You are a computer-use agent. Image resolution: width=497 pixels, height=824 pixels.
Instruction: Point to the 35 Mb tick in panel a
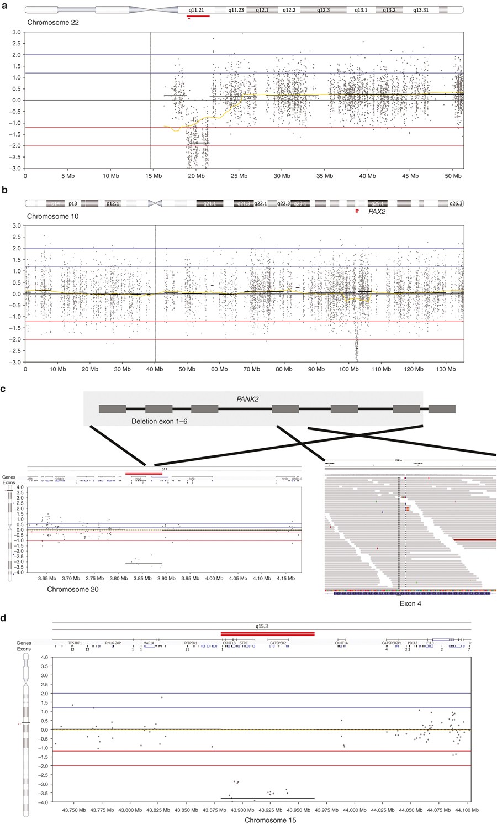[324, 176]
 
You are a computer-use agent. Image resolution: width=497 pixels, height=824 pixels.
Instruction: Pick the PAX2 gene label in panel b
[377, 211]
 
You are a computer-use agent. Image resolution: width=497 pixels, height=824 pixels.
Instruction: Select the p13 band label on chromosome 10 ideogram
[73, 203]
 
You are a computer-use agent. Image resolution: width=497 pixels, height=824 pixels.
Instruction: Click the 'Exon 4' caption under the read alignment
[410, 603]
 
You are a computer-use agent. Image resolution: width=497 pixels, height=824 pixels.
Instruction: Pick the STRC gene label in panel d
[244, 643]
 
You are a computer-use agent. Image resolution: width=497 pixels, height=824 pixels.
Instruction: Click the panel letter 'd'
[4, 618]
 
